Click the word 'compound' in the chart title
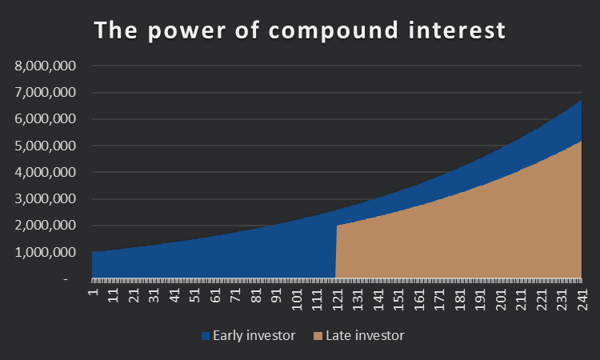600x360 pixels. click(x=333, y=31)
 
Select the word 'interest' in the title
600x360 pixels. click(x=457, y=30)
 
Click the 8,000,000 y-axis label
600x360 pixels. click(x=45, y=66)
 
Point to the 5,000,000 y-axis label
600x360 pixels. click(x=45, y=146)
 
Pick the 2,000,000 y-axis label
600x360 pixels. click(x=45, y=225)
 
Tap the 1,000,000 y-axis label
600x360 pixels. click(x=45, y=252)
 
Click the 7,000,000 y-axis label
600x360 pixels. click(x=45, y=92)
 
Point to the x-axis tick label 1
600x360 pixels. click(x=94, y=292)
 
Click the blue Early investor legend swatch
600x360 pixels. click(x=206, y=336)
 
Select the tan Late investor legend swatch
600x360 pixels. click(x=318, y=336)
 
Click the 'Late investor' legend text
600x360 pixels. click(x=365, y=335)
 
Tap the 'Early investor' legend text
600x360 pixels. click(x=254, y=335)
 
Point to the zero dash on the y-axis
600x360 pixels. click(x=66, y=280)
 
